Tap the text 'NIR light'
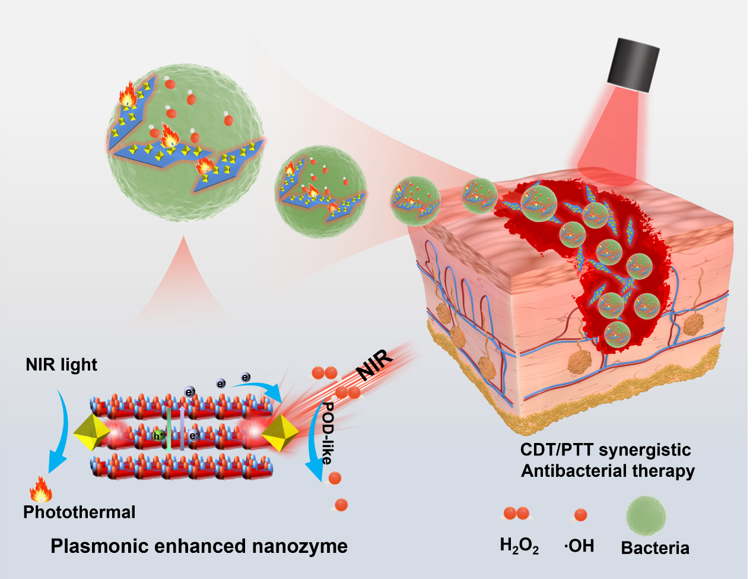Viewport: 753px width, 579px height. tap(61, 365)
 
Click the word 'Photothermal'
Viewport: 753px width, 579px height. tap(80, 512)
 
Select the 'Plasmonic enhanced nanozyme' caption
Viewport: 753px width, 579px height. tap(199, 546)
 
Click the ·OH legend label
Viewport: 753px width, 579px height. tap(579, 546)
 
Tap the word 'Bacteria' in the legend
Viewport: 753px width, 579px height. tap(655, 548)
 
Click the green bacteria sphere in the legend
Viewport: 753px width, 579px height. tap(646, 515)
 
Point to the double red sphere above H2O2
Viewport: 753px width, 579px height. tap(516, 514)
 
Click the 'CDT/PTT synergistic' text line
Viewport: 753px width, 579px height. tap(605, 450)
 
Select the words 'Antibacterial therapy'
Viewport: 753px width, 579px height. tap(608, 471)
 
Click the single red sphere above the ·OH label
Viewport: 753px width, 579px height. tap(580, 515)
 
